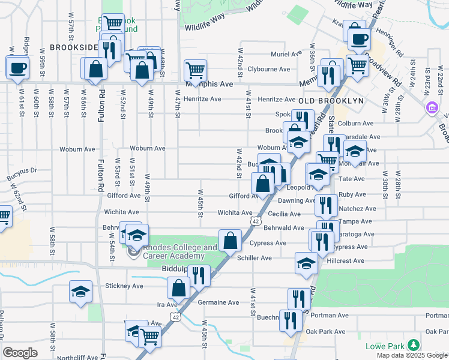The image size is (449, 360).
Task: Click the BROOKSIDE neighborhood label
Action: pyautogui.click(x=73, y=47)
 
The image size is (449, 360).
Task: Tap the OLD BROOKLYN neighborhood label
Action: pyautogui.click(x=331, y=101)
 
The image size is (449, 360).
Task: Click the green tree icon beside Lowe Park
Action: pyautogui.click(x=413, y=345)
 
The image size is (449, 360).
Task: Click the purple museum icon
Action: pyautogui.click(x=431, y=108)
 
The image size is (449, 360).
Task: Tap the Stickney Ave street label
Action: pyautogui.click(x=124, y=286)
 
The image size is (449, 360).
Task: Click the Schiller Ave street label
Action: pyautogui.click(x=255, y=258)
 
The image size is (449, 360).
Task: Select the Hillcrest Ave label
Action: pyautogui.click(x=346, y=260)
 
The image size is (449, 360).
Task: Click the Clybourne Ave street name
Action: pyautogui.click(x=269, y=69)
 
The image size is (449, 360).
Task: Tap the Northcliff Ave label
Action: pyautogui.click(x=79, y=357)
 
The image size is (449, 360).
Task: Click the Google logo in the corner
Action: pyautogui.click(x=20, y=353)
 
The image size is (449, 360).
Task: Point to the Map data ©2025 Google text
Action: pyautogui.click(x=411, y=355)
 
